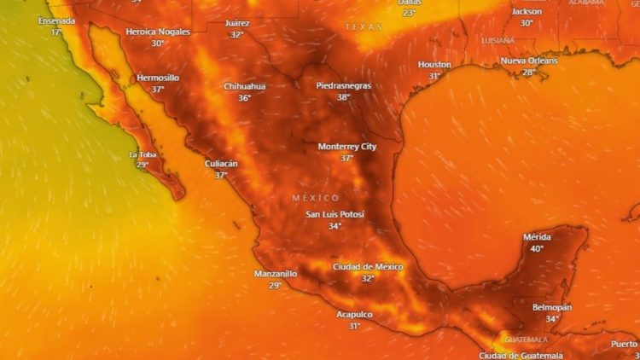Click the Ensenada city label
[x=56, y=20]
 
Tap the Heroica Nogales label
[x=158, y=32]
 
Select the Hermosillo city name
[x=158, y=78]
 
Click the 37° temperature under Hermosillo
[x=158, y=90]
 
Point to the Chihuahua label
[x=244, y=86]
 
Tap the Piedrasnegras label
[x=344, y=85]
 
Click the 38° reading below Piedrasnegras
[x=344, y=97]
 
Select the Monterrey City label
[x=347, y=147]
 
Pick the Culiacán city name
[x=221, y=163]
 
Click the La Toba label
[x=143, y=154]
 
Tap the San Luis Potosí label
[x=335, y=214]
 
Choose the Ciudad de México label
[x=368, y=267]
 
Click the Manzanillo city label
[x=276, y=274]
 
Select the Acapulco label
[x=354, y=314]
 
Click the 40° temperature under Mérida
[x=537, y=249]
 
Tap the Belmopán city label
[x=552, y=307]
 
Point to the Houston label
[x=434, y=65]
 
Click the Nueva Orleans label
[x=529, y=61]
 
